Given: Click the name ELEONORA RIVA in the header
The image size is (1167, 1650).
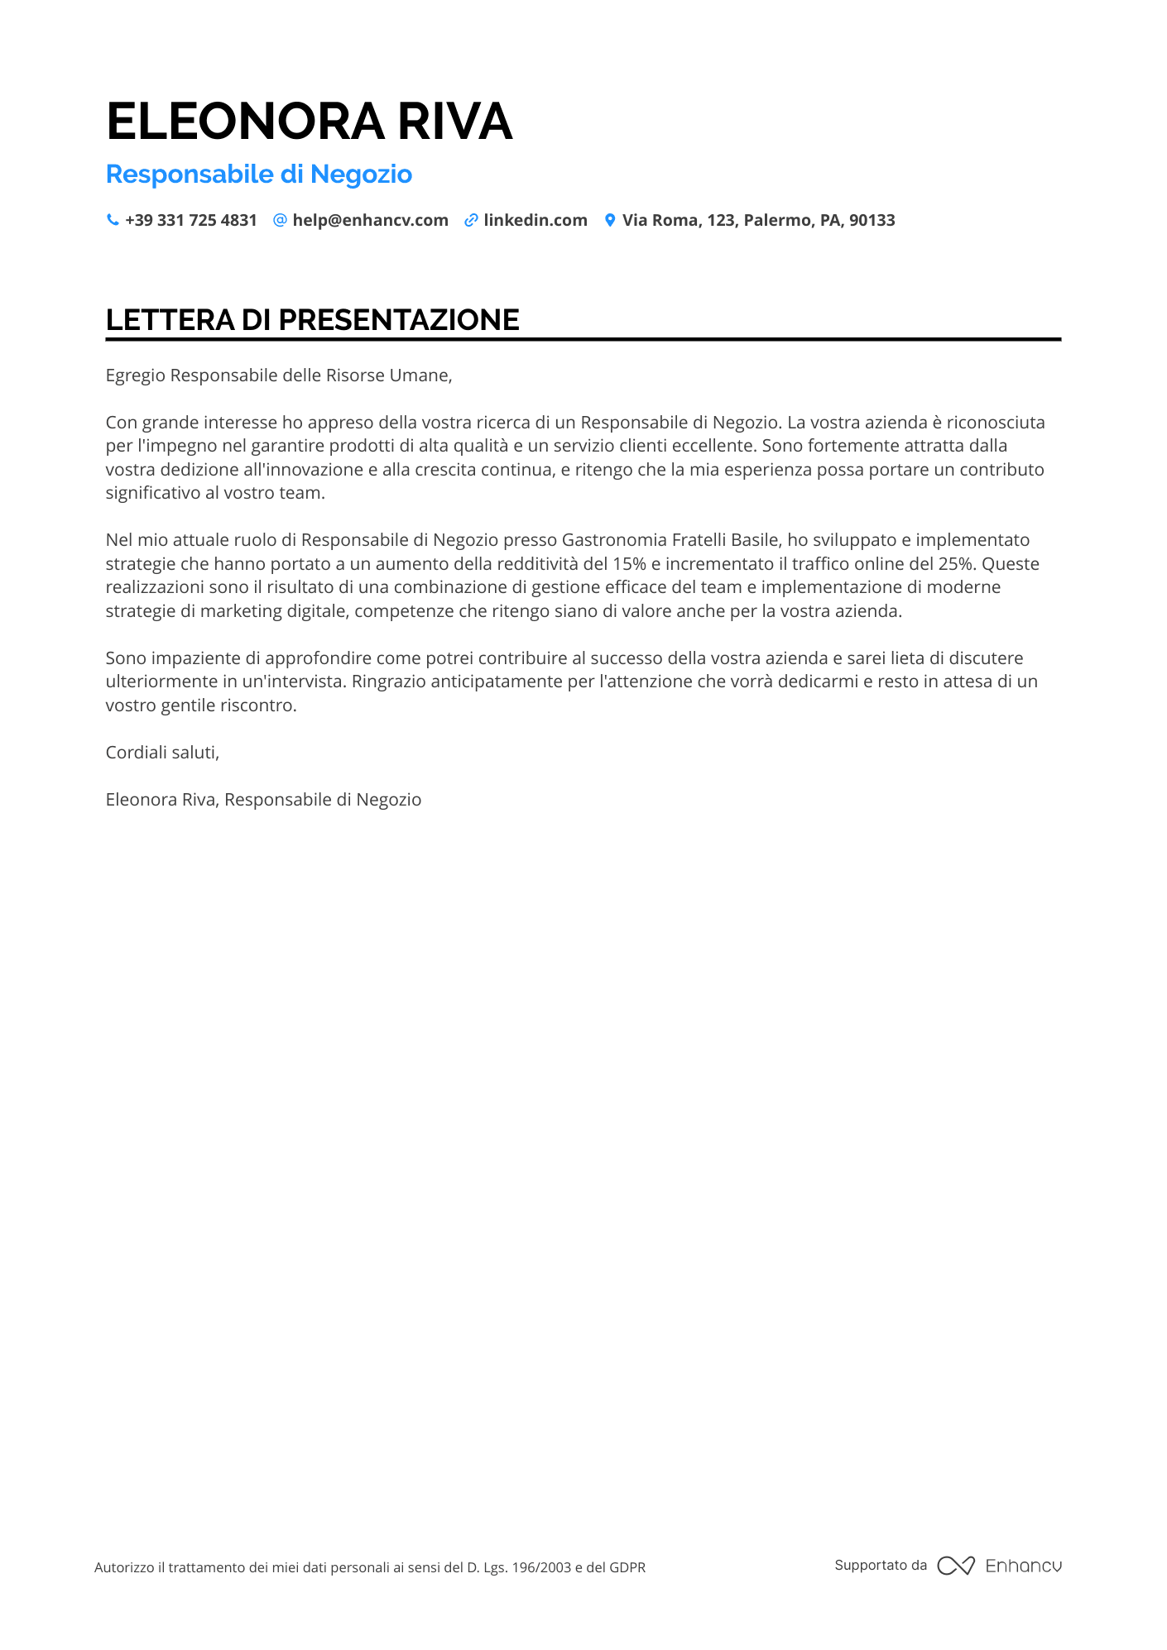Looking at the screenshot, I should [309, 121].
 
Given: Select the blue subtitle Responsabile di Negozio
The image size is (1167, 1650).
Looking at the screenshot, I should [258, 174].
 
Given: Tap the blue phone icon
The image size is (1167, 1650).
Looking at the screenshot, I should [113, 220].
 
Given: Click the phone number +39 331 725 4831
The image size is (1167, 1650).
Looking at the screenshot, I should [191, 220].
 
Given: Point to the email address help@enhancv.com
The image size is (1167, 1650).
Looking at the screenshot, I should [370, 220].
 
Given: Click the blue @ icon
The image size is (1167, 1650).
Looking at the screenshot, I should [280, 220].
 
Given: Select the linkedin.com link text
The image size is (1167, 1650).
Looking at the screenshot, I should [535, 220].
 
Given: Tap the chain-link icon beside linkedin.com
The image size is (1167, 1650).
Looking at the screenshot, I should [471, 220].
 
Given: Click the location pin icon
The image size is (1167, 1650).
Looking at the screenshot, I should [610, 220].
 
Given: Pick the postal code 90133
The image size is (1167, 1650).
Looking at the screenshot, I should [872, 220].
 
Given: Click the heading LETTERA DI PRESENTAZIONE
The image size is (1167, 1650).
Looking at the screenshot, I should [312, 320].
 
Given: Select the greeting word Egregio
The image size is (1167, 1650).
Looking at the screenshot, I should [135, 375].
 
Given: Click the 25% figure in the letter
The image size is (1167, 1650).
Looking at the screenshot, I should [956, 564].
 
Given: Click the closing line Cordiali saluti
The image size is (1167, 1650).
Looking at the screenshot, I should [162, 753].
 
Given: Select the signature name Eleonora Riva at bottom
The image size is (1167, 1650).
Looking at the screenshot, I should [161, 800].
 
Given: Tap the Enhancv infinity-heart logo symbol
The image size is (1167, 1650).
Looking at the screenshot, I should [955, 1566].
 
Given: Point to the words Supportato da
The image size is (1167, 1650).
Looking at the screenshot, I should [881, 1565].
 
